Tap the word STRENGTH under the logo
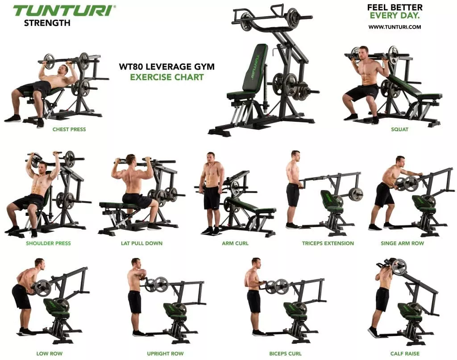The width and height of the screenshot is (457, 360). (47, 23)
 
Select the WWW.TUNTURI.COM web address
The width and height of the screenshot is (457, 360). (395, 27)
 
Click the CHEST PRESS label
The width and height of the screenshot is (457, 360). (69, 129)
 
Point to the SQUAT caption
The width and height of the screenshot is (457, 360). (399, 129)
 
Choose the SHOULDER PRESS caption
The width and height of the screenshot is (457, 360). (48, 243)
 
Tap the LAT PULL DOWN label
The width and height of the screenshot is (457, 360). (141, 243)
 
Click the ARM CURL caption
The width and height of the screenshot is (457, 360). (235, 243)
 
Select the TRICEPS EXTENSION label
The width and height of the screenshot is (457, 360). (328, 243)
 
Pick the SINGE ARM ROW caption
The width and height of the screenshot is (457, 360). (402, 243)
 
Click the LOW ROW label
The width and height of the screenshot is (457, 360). (49, 354)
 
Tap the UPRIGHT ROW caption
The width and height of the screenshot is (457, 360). (165, 354)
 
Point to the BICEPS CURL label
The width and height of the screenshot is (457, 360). (285, 354)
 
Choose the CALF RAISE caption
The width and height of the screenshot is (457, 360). (405, 354)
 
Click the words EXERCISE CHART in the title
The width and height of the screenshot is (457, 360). (167, 77)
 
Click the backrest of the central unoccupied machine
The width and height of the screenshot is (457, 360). (255, 67)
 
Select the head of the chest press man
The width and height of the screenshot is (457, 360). (63, 70)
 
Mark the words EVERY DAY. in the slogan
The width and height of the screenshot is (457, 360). (395, 16)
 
